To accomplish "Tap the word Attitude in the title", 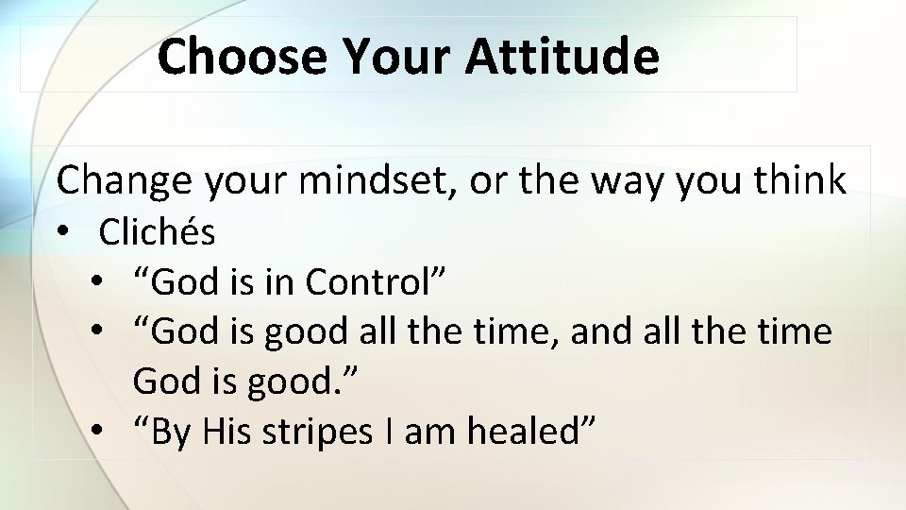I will (x=562, y=57).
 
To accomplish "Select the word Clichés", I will (x=157, y=232).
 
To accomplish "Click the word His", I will (x=230, y=432).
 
